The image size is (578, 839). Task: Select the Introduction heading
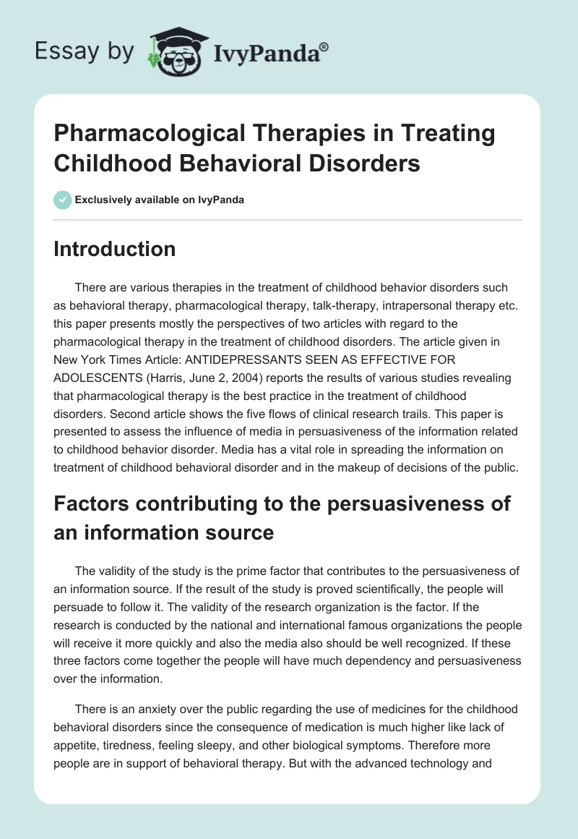tap(115, 250)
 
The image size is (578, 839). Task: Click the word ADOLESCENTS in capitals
tap(99, 378)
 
